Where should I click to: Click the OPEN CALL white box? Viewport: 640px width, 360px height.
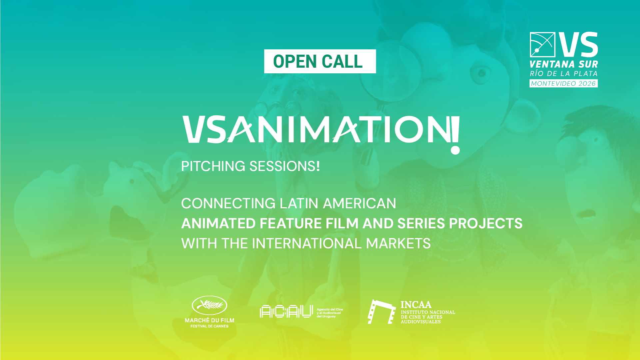coord(320,61)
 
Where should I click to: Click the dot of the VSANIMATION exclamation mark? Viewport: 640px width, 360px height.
coord(455,150)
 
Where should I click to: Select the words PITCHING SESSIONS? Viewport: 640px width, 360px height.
coord(251,166)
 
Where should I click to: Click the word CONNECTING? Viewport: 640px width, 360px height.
coord(228,203)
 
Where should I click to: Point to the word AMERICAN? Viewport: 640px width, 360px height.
coord(359,203)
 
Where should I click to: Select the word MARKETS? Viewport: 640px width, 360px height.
coord(398,243)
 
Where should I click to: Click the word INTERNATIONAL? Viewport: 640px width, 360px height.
coord(307,243)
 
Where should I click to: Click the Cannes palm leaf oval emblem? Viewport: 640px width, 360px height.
coord(210,305)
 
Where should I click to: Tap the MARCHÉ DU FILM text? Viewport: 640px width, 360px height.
coord(210,320)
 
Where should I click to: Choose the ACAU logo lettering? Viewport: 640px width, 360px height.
coord(286,311)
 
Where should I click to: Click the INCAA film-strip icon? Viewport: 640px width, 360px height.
coord(382,312)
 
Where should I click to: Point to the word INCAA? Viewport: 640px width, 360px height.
coord(416,305)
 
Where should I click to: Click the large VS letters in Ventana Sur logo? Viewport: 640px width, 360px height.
coord(578,44)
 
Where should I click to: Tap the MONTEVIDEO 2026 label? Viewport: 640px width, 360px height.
coord(564,83)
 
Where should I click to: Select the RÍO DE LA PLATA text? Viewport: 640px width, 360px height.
coord(564,74)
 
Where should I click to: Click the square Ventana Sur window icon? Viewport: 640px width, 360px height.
coord(542,44)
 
